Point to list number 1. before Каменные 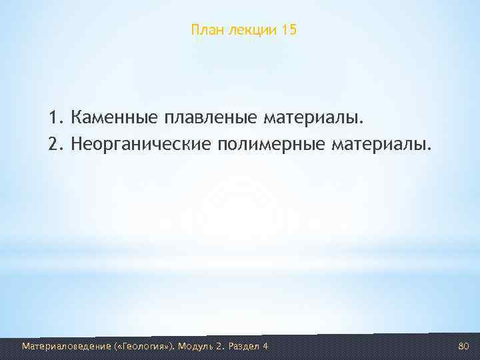tap(55, 118)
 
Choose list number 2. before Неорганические tap(55, 143)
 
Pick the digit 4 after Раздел tap(265, 346)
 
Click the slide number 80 tap(464, 346)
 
